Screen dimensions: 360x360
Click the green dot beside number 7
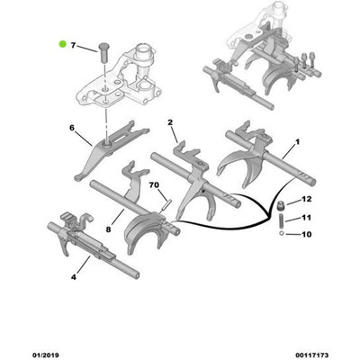[x=61, y=42]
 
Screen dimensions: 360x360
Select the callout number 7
[x=75, y=43]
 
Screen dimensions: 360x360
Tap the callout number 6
[x=72, y=129]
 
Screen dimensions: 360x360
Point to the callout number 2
[x=168, y=121]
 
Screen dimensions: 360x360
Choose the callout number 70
[x=154, y=185]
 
